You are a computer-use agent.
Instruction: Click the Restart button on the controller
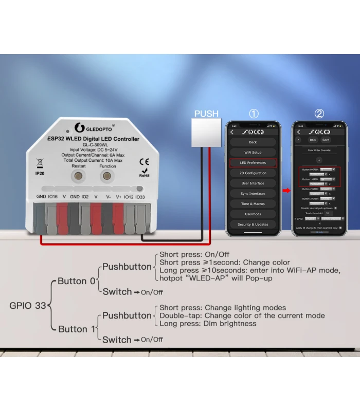tap(79, 177)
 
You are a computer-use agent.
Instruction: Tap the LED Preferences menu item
tap(253, 163)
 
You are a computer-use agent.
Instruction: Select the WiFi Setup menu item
tap(253, 153)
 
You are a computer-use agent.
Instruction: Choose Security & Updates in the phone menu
tap(253, 225)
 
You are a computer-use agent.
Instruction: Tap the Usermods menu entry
tap(253, 214)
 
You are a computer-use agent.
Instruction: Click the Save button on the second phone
tap(326, 140)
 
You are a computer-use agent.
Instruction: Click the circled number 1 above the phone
tap(254, 114)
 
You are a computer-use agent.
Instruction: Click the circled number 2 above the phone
tap(319, 114)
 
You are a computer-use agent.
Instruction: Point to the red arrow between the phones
tap(286, 191)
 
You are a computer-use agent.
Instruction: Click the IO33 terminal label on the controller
tap(140, 197)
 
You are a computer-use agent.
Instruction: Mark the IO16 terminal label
tap(53, 197)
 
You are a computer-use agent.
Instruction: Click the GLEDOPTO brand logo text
tap(99, 127)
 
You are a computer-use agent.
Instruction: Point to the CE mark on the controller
tap(145, 161)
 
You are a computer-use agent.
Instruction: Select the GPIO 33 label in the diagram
tap(28, 305)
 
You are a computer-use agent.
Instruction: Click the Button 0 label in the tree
tap(76, 281)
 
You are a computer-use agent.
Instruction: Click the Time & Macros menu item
tap(253, 204)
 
